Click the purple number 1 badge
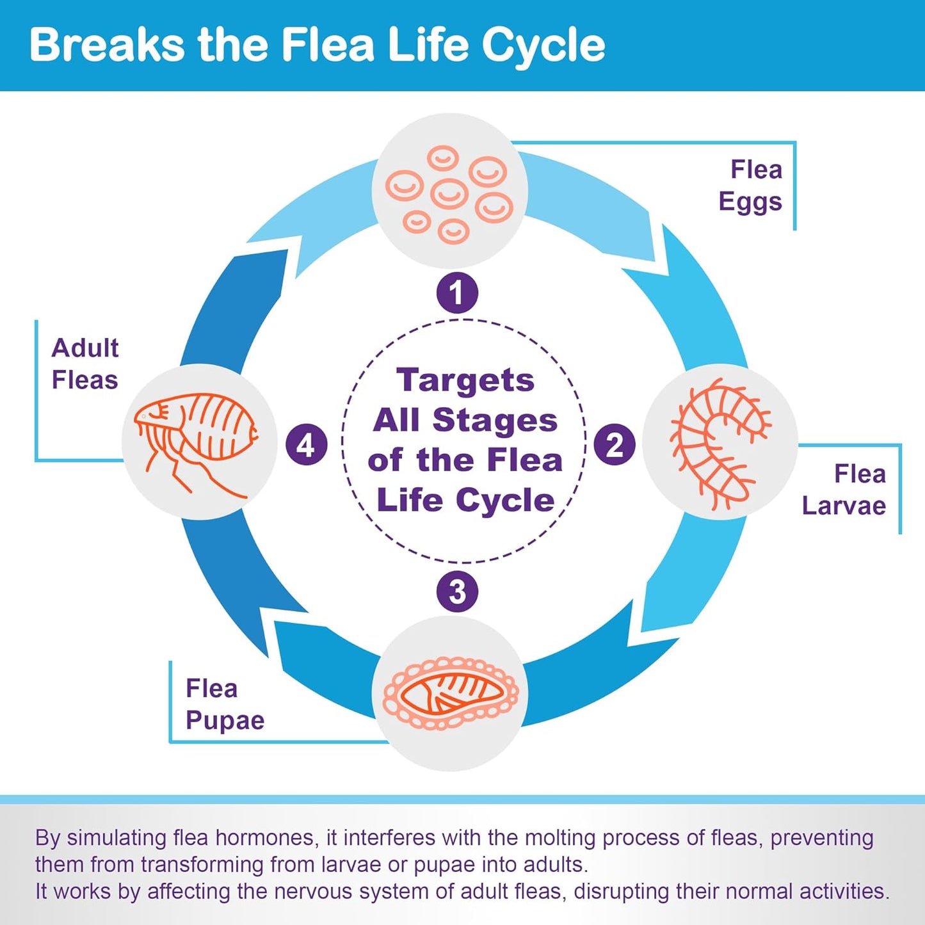(457, 293)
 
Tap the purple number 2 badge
(615, 445)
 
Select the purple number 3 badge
(457, 591)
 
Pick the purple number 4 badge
(306, 445)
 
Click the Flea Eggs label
(750, 186)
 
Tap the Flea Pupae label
(225, 704)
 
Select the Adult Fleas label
(84, 364)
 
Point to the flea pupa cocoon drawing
(451, 695)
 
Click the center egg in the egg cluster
(449, 193)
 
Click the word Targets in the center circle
(465, 380)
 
